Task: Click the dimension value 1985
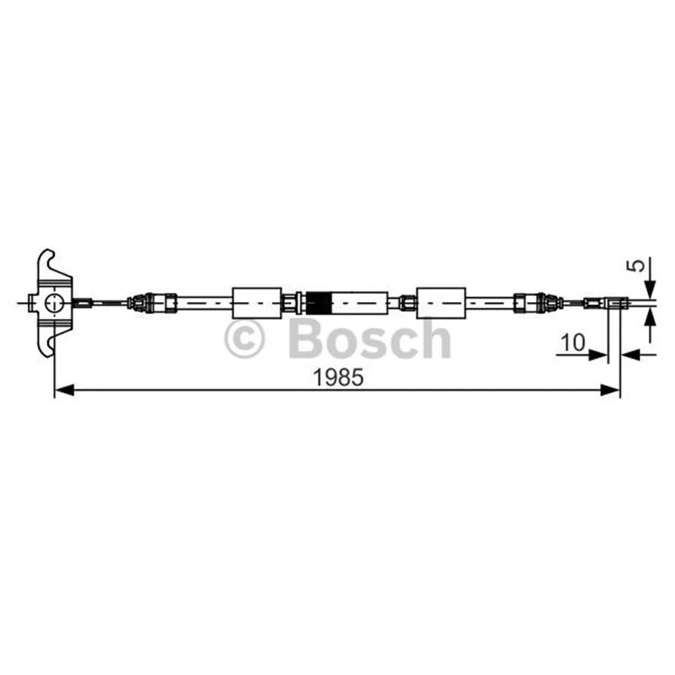click(338, 378)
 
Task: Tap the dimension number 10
click(573, 343)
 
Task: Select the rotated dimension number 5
click(636, 265)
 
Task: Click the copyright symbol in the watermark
click(244, 339)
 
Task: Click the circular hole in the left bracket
click(55, 303)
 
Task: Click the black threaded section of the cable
click(319, 303)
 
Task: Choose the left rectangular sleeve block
click(257, 303)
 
